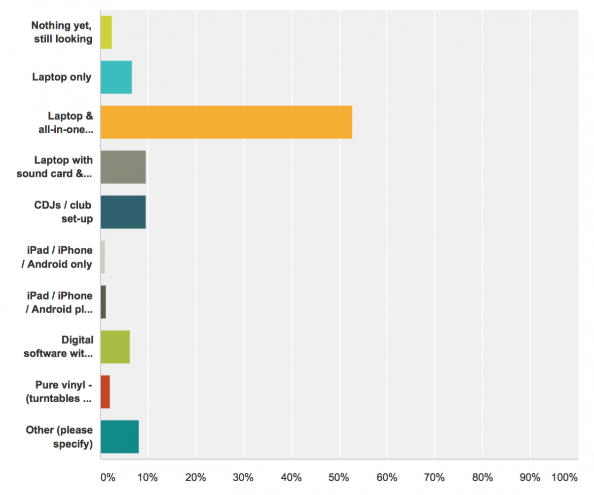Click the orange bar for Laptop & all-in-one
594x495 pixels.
click(x=226, y=122)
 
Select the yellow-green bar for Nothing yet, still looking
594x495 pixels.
click(x=106, y=32)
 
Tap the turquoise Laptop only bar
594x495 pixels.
click(x=116, y=77)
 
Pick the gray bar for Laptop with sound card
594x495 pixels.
click(x=123, y=167)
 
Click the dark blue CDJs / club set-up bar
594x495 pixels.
click(x=123, y=212)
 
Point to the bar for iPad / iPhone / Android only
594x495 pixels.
click(x=103, y=257)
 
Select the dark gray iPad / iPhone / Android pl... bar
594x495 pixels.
click(x=103, y=302)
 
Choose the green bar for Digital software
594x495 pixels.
click(x=115, y=347)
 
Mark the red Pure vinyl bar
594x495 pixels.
click(x=105, y=392)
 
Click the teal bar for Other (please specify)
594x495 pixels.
click(x=119, y=437)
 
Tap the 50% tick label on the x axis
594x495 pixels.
click(x=339, y=478)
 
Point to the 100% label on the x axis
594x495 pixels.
click(x=564, y=478)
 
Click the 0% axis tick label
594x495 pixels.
click(x=107, y=478)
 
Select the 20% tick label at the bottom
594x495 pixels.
click(x=195, y=478)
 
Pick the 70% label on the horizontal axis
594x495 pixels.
click(x=435, y=478)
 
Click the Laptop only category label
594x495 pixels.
click(x=62, y=77)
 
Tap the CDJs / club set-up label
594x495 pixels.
click(x=63, y=212)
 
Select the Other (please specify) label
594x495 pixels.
click(x=59, y=437)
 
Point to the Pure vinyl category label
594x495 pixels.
click(x=63, y=392)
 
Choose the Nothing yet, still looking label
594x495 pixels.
click(x=62, y=32)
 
